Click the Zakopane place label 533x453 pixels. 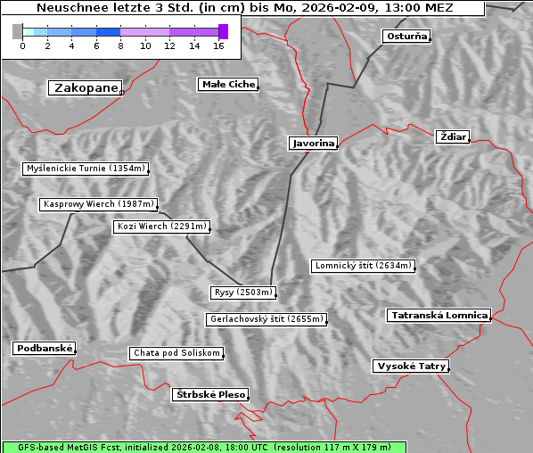86,88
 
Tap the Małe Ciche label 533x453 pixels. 228,85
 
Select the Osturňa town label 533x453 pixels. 406,37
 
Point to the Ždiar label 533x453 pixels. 452,136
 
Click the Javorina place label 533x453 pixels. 313,143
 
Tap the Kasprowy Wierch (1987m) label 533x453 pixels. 99,204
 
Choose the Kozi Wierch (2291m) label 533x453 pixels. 162,226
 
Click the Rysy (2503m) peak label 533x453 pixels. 243,292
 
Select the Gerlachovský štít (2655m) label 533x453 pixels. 266,319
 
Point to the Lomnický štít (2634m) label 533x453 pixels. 363,266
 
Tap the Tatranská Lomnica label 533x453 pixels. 439,316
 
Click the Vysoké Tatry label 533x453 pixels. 411,367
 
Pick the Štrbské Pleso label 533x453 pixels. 209,394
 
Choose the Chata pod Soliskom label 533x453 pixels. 176,353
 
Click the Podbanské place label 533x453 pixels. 44,349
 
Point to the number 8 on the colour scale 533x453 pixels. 120,45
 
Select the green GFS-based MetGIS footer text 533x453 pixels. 203,447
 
